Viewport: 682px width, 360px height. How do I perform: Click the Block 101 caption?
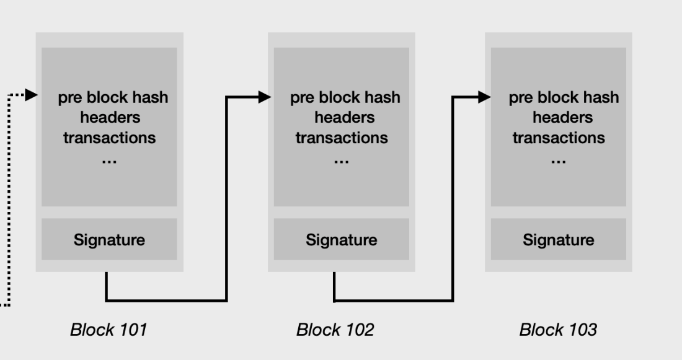(x=108, y=330)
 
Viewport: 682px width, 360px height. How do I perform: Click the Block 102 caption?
(x=335, y=330)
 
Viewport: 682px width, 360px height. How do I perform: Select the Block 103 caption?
(x=558, y=330)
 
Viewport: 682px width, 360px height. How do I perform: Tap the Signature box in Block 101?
(x=109, y=240)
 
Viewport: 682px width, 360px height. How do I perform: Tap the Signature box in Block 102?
(x=341, y=240)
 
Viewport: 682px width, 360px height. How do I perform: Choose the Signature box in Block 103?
(x=558, y=240)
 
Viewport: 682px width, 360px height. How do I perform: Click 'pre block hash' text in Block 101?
(x=113, y=98)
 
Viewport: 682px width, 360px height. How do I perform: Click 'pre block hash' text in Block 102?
(x=345, y=98)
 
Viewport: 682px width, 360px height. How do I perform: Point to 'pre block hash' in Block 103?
(x=564, y=98)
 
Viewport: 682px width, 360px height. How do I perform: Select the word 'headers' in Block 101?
(x=110, y=117)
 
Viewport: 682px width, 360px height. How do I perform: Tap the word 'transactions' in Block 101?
(x=110, y=137)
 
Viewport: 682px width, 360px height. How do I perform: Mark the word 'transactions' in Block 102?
(x=342, y=137)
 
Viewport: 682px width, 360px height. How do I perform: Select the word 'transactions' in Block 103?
(x=559, y=137)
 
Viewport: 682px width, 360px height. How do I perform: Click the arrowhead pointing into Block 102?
(x=265, y=97)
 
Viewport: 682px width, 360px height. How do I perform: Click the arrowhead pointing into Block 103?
(x=484, y=97)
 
